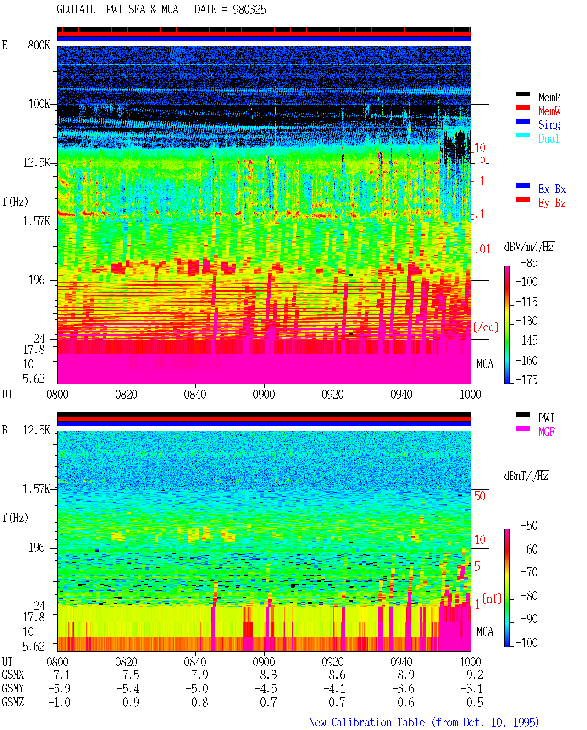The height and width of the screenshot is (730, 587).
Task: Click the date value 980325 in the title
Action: [249, 10]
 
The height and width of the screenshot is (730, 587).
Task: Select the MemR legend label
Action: [549, 97]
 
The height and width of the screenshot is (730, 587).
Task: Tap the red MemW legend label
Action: [549, 110]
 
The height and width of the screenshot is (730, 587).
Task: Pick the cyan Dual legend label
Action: [548, 138]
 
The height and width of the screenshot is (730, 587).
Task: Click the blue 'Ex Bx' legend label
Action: [552, 189]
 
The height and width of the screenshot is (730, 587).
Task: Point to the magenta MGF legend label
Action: [546, 432]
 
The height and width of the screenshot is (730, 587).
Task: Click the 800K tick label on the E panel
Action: [39, 45]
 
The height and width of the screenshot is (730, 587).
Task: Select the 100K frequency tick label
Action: [39, 104]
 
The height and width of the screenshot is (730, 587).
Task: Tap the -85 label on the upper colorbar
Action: [529, 262]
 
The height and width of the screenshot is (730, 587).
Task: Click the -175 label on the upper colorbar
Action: [526, 379]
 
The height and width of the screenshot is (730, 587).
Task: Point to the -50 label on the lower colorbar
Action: [529, 526]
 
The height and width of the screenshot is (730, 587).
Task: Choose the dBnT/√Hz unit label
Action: [526, 476]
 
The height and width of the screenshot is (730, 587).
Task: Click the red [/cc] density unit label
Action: [486, 327]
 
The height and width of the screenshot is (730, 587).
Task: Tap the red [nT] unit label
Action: [492, 598]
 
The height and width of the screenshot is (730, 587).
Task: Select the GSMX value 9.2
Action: [475, 675]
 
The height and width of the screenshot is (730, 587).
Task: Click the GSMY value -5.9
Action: [60, 689]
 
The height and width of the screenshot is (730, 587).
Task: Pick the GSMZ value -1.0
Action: [60, 702]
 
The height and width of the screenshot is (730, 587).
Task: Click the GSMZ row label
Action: [13, 702]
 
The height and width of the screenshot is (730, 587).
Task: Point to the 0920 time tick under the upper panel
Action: [333, 394]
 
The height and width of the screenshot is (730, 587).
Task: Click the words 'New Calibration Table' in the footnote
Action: [367, 723]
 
